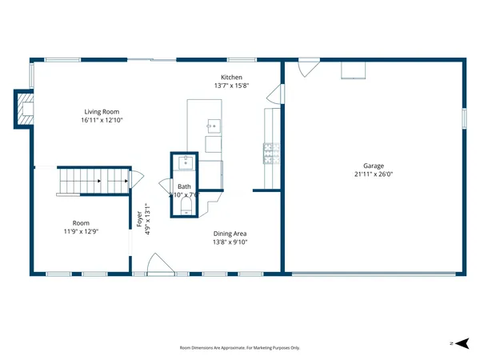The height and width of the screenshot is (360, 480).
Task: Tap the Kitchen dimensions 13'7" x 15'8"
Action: point(231,86)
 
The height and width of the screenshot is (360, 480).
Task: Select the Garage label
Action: point(374,166)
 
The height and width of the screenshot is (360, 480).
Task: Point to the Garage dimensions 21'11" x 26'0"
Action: point(374,174)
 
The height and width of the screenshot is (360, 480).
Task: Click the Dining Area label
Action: point(230,234)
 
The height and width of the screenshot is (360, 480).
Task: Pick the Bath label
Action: point(184,186)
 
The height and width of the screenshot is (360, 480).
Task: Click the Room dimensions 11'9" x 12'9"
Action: point(81,232)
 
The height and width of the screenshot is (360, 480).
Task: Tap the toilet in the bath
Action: point(186,208)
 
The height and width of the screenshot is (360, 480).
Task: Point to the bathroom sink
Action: point(184,162)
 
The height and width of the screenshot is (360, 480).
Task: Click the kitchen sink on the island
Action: point(213,126)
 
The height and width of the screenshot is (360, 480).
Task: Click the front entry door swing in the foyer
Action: point(158,264)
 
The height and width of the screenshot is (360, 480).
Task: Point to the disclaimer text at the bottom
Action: point(239,348)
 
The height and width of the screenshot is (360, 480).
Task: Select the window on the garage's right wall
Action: point(463,118)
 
